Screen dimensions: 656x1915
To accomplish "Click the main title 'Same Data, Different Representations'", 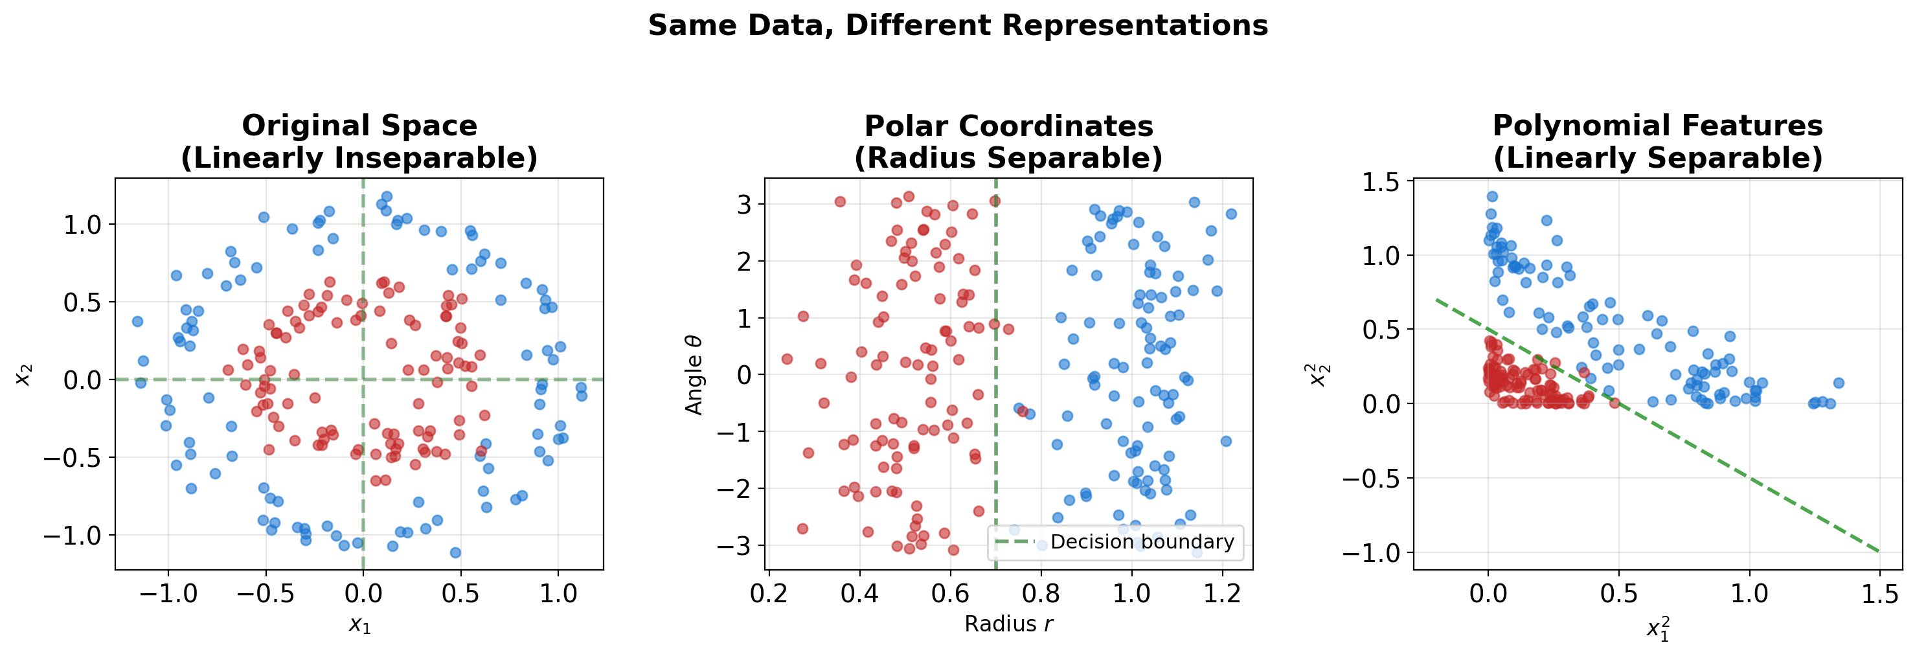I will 957,25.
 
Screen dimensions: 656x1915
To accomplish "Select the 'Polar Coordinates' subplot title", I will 1008,126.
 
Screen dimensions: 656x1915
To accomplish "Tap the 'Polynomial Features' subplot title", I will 1657,126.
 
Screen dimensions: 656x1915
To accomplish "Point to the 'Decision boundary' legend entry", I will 1141,541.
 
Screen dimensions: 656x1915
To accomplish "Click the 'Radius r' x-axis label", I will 1008,624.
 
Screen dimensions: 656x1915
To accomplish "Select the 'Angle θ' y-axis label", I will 694,374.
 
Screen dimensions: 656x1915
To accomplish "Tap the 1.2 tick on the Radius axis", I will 1222,594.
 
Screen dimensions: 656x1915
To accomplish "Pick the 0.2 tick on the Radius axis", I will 769,594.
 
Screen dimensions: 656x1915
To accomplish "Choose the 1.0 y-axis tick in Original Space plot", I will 82,225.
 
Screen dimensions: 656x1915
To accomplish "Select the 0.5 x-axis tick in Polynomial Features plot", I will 1618,594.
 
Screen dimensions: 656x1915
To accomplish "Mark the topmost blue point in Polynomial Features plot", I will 1491,197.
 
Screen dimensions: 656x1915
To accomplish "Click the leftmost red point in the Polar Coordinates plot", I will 786,359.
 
